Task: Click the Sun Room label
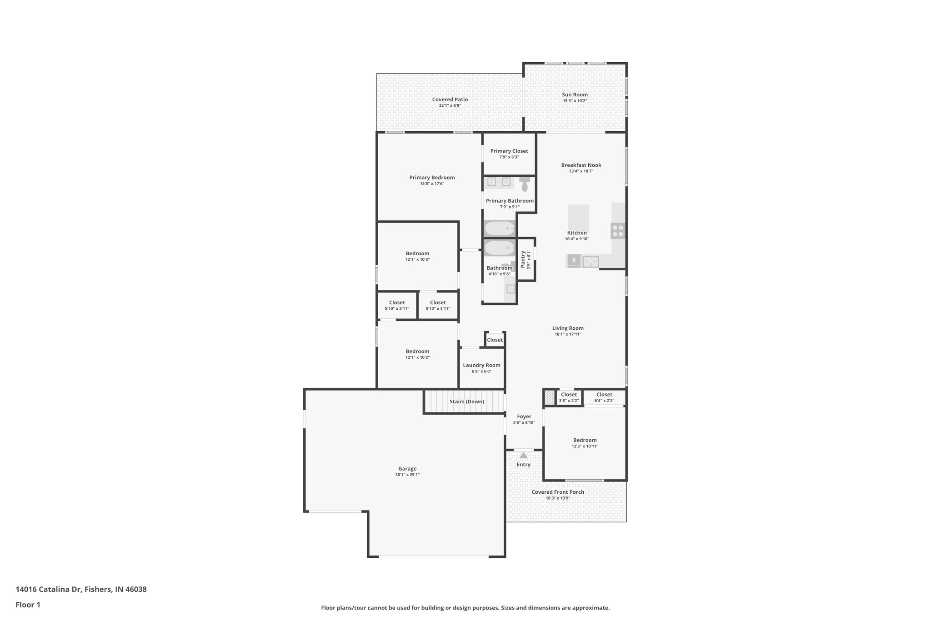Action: (x=575, y=95)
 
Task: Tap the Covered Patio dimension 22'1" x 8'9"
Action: (x=450, y=106)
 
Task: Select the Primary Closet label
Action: (x=509, y=151)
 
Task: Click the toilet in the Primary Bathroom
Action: (x=525, y=184)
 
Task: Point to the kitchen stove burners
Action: (x=618, y=231)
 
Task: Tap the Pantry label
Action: (x=523, y=259)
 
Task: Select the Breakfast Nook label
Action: (x=581, y=165)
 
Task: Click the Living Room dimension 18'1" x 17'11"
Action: (x=568, y=334)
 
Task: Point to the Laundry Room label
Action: (x=481, y=365)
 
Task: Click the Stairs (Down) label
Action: (x=467, y=402)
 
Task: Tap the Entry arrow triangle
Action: (x=524, y=455)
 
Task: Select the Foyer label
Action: (x=524, y=417)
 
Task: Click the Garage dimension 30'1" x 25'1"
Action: (x=407, y=475)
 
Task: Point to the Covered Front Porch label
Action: (x=558, y=492)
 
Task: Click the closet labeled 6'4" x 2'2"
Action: (x=604, y=397)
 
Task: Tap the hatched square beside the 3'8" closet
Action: (x=550, y=398)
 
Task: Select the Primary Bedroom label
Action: (x=432, y=178)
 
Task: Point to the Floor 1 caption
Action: (x=28, y=605)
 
